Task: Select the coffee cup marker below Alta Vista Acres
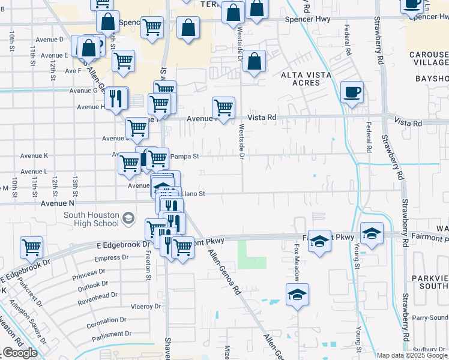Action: click(x=352, y=93)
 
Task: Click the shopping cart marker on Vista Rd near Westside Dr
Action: click(x=223, y=109)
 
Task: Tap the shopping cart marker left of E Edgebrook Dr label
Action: click(x=31, y=247)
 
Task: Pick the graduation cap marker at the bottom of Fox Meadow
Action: click(x=297, y=295)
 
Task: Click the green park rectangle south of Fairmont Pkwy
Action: click(x=252, y=254)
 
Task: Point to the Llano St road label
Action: click(x=193, y=194)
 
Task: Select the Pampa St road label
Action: click(x=184, y=157)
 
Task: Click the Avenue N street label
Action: click(x=57, y=203)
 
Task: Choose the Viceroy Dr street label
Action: click(x=146, y=306)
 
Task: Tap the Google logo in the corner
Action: click(x=20, y=353)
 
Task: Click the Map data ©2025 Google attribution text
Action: click(x=412, y=355)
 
